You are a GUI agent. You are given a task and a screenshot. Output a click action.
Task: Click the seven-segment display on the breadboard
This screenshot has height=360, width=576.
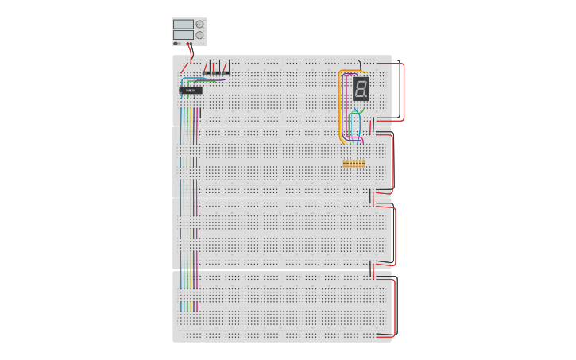[x=361, y=88]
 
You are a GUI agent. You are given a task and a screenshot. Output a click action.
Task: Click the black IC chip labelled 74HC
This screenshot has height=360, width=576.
[x=191, y=90]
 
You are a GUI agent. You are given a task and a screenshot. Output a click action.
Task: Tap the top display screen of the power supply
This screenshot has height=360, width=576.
[x=184, y=24]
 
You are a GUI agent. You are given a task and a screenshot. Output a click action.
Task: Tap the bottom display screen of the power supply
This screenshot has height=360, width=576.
[x=184, y=35]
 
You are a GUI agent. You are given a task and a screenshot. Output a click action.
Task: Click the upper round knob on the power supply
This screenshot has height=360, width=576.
[x=199, y=24]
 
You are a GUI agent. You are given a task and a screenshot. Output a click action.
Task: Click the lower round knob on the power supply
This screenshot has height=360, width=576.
[x=199, y=35]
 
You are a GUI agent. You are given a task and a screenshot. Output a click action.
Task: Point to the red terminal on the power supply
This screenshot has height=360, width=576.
[x=187, y=44]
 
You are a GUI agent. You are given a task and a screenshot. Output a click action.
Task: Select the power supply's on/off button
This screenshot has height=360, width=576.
[x=176, y=44]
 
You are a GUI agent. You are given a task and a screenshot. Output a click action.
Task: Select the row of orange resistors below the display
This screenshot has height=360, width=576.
[x=354, y=164]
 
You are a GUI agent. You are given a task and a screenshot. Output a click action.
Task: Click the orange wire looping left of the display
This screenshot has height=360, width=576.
[x=340, y=104]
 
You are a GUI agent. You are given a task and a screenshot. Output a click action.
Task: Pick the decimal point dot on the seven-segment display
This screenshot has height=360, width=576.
[x=366, y=96]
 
